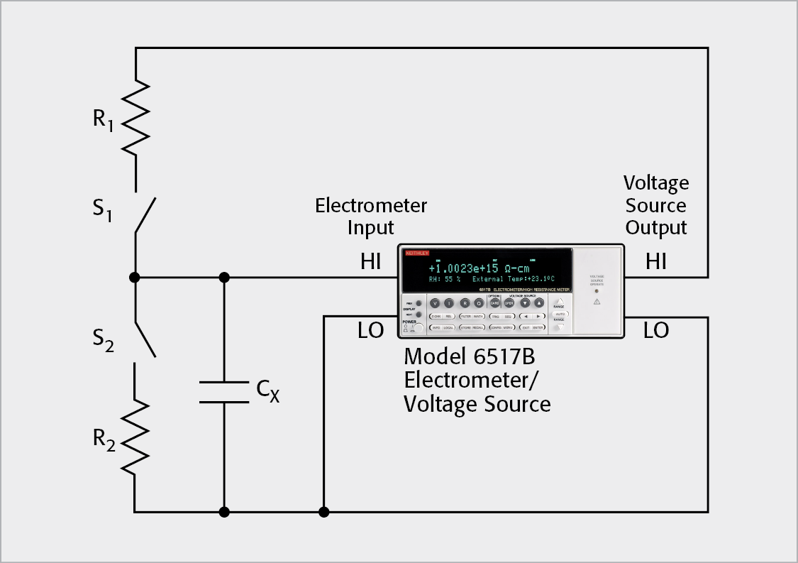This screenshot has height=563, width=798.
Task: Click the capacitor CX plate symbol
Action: pos(224,392)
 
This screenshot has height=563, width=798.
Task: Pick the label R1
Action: pos(103,119)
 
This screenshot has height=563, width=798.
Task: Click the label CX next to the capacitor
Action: pos(267,390)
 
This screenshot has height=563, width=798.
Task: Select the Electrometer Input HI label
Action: pos(370,262)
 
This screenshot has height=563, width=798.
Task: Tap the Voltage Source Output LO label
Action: pos(656,330)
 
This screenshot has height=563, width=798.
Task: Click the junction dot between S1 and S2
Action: pos(135,277)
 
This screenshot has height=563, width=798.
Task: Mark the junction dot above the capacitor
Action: pos(224,277)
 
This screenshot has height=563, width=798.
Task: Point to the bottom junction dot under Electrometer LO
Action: pos(323,511)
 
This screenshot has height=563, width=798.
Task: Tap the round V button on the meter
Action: pos(435,302)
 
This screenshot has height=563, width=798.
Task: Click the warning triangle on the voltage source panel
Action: pos(597,302)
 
